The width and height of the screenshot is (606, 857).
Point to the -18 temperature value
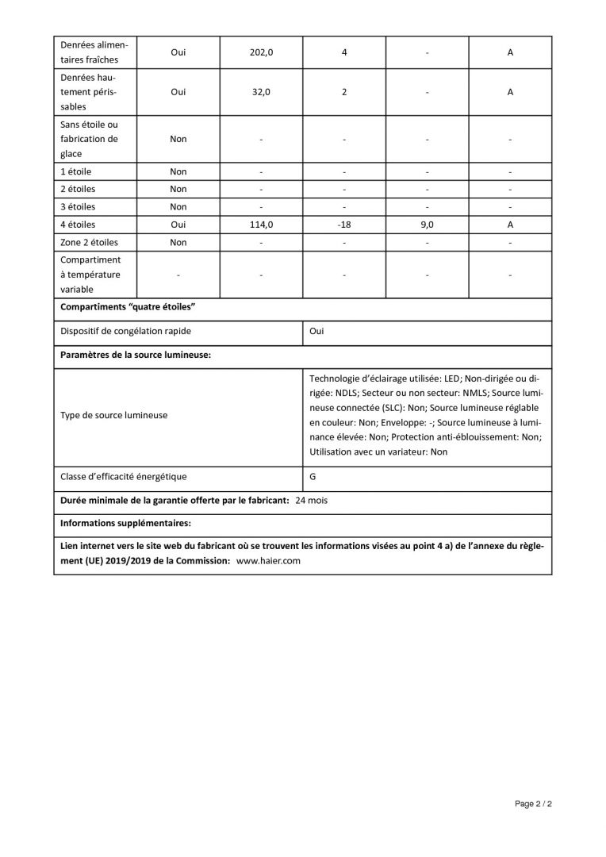[344, 225]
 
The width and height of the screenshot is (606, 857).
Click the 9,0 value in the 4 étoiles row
[427, 225]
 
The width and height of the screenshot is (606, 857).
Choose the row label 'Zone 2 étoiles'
[90, 243]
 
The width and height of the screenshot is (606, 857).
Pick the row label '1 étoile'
[76, 171]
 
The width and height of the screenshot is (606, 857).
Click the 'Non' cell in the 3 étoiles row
[178, 207]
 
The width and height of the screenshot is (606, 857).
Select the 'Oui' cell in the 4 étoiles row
[178, 225]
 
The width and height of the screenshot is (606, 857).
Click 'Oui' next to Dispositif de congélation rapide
[316, 331]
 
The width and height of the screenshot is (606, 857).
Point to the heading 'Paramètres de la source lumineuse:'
[136, 355]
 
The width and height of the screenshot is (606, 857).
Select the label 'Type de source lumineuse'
[114, 415]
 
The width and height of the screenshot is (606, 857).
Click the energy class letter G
[313, 477]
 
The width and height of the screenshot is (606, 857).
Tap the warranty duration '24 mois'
[311, 501]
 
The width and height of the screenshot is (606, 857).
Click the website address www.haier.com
[269, 560]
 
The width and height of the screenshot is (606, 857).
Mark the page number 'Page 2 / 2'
[533, 804]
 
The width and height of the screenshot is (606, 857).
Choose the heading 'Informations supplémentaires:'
[126, 524]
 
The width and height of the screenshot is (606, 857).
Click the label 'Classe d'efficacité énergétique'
[124, 477]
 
